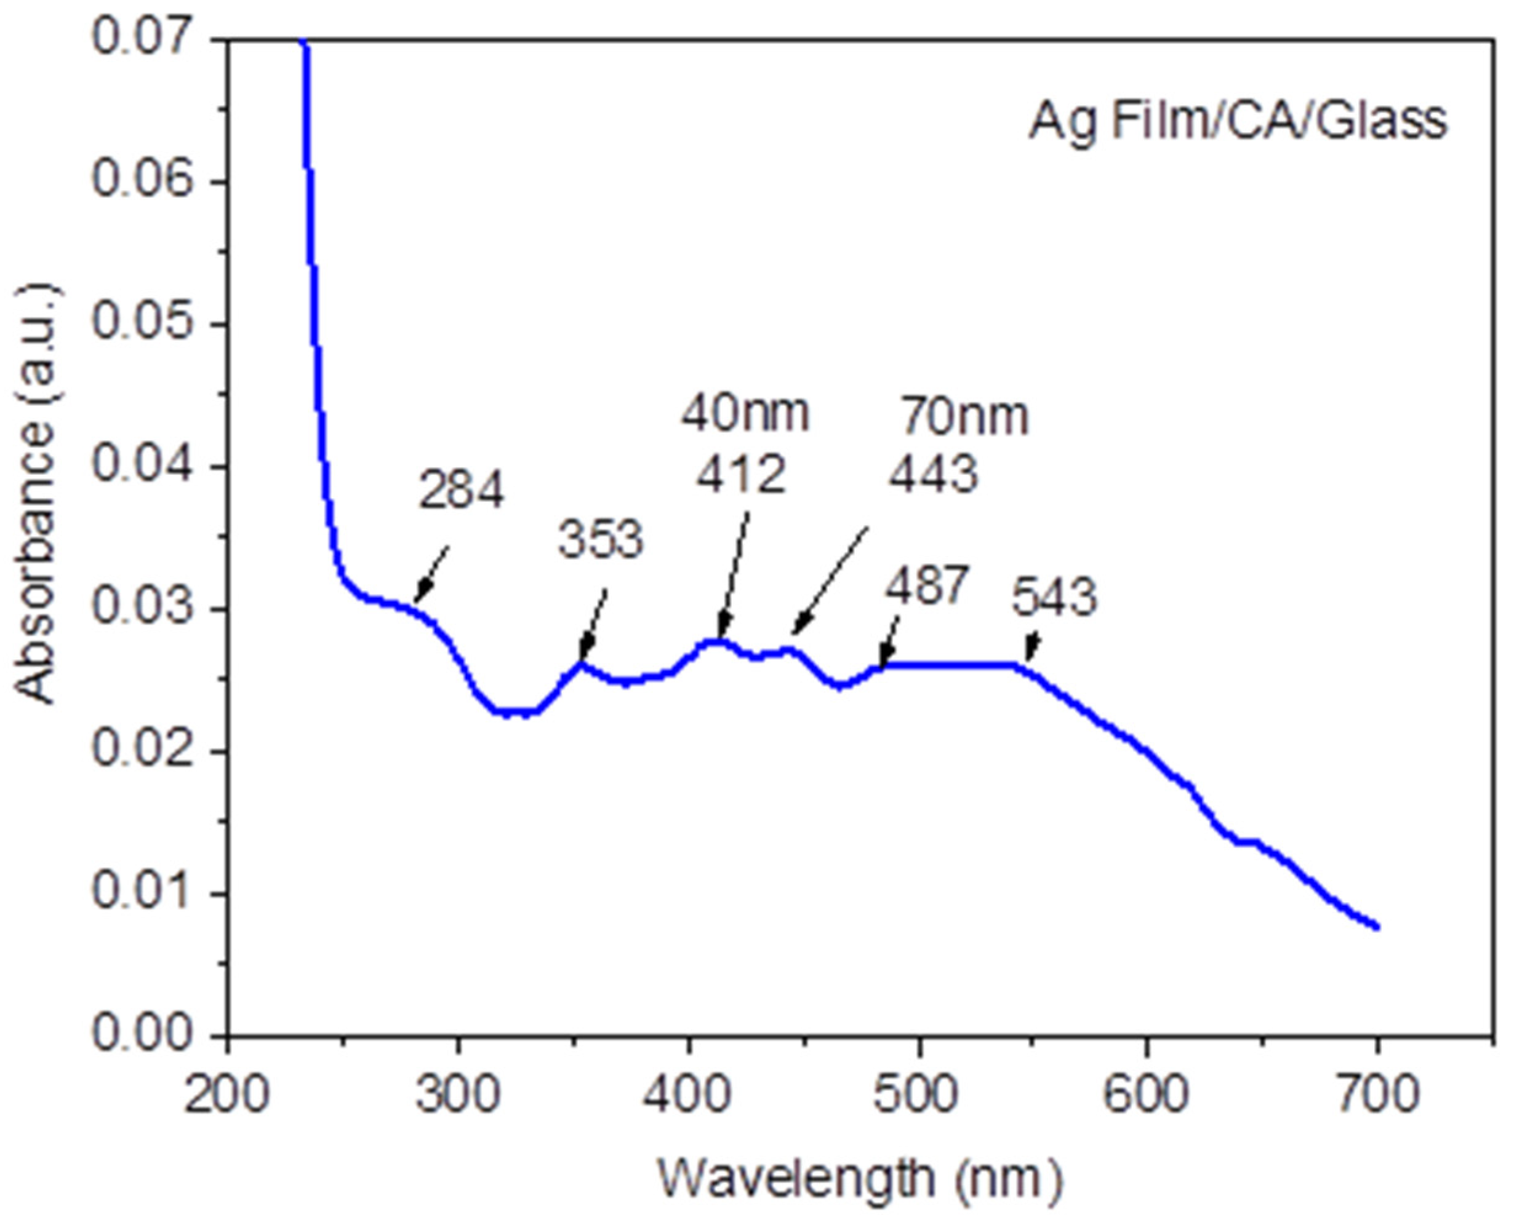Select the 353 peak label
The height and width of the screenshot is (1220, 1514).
(601, 541)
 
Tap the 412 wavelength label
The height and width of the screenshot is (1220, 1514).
(740, 475)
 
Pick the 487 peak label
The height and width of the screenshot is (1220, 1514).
(927, 585)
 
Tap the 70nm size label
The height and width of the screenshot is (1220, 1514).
(965, 417)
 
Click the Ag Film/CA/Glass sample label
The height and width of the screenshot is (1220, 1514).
(1238, 122)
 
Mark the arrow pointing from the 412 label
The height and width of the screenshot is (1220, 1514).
(734, 572)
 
